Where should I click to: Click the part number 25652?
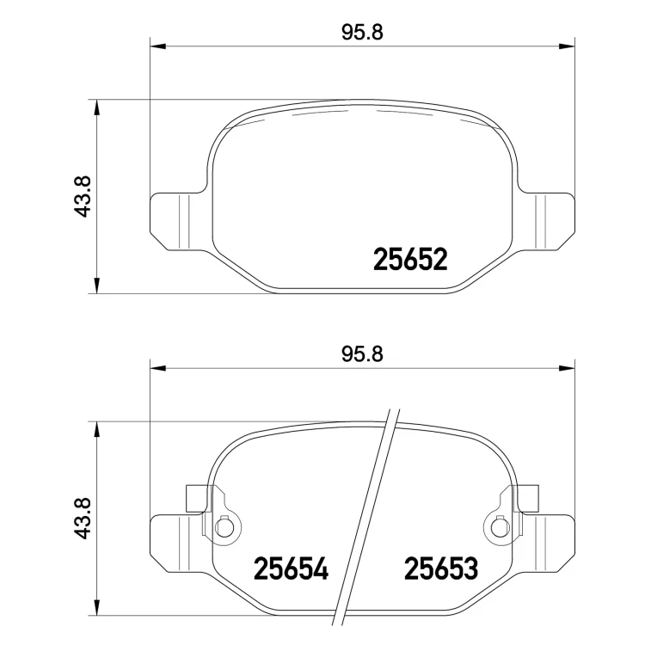tap(410, 259)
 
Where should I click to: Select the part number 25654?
tap(292, 568)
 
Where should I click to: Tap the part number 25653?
tap(441, 568)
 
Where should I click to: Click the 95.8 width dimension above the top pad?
tap(362, 33)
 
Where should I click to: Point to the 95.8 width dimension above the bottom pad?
tap(362, 354)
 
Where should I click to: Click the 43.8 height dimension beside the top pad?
tap(83, 196)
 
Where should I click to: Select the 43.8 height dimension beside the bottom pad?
tap(83, 519)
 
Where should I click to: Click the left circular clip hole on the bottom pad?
tap(224, 528)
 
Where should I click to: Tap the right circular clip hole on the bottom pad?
tap(499, 528)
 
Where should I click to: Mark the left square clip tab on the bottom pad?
tap(196, 498)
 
